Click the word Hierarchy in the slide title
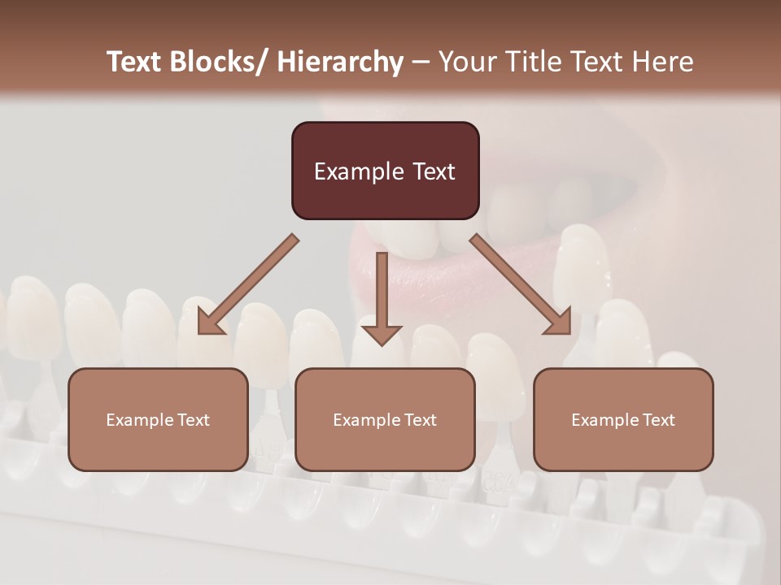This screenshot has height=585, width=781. pyautogui.click(x=340, y=62)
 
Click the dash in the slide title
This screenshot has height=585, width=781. pyautogui.click(x=421, y=62)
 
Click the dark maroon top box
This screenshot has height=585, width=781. pyautogui.click(x=385, y=171)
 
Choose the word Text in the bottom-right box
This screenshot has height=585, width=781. pyautogui.click(x=658, y=420)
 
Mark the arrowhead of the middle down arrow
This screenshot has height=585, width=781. pyautogui.click(x=382, y=334)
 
